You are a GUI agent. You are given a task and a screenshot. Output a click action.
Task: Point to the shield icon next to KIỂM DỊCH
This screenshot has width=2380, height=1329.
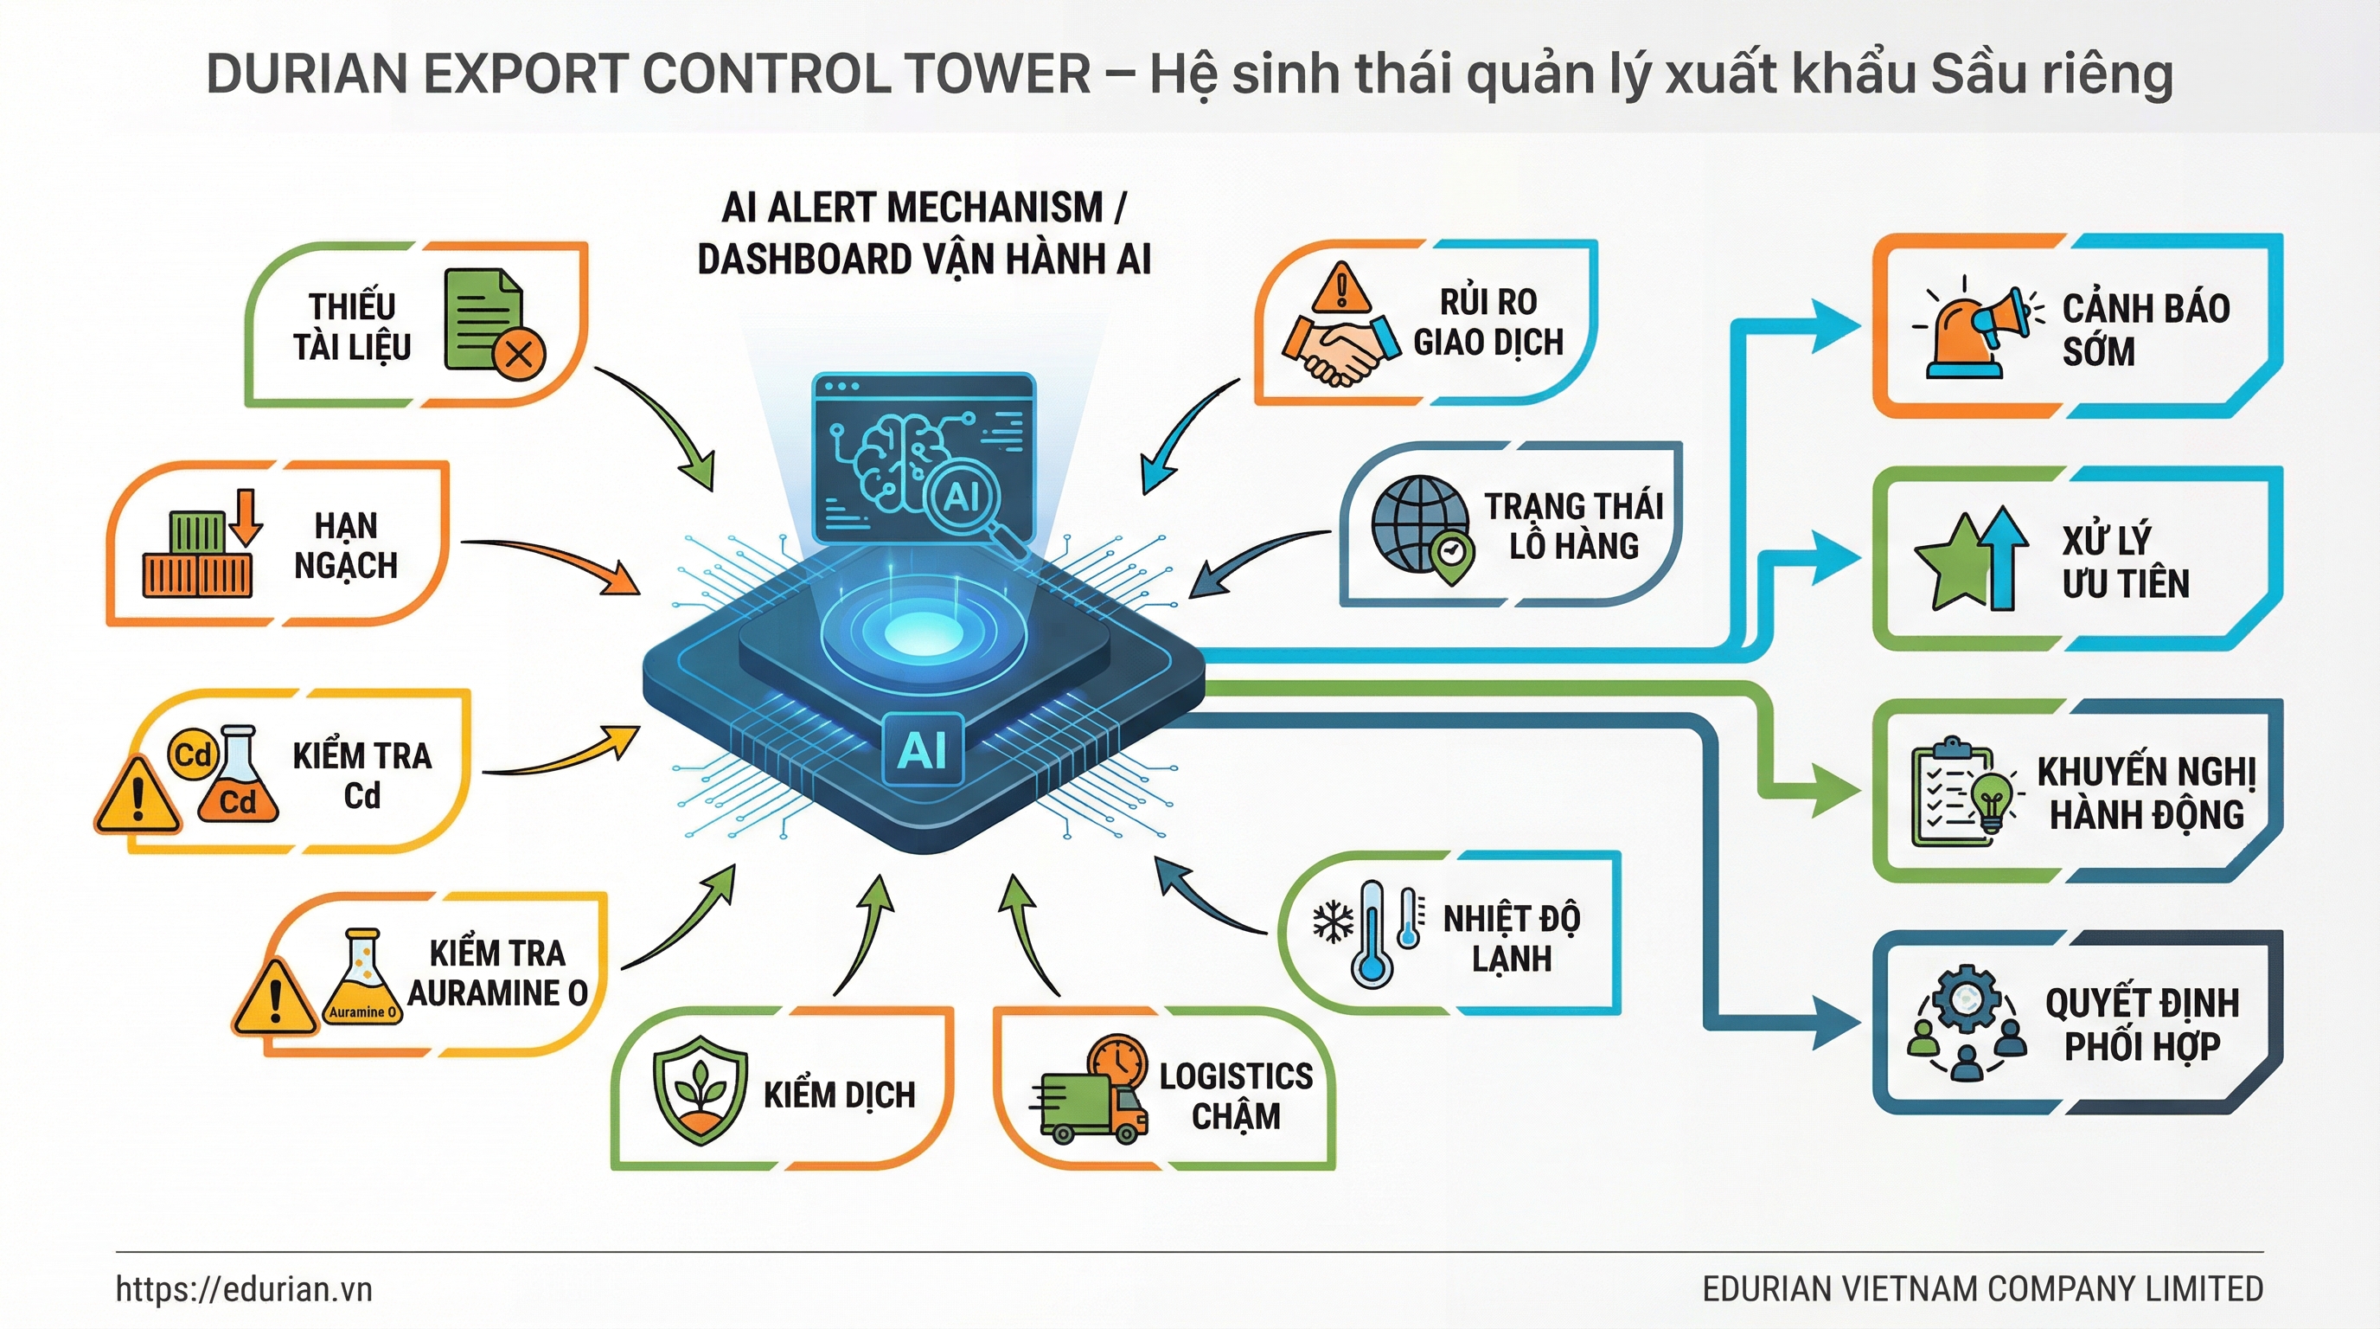pyautogui.click(x=700, y=1090)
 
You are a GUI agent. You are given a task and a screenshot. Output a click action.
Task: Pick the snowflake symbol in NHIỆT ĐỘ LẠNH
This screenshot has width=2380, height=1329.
pyautogui.click(x=1333, y=922)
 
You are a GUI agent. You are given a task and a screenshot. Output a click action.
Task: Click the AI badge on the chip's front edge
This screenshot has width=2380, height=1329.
pyautogui.click(x=923, y=749)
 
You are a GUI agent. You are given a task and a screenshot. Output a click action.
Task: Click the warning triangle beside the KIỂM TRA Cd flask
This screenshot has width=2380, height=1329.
pyautogui.click(x=138, y=797)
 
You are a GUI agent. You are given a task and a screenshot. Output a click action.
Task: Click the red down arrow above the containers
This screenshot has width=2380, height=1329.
pyautogui.click(x=246, y=517)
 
